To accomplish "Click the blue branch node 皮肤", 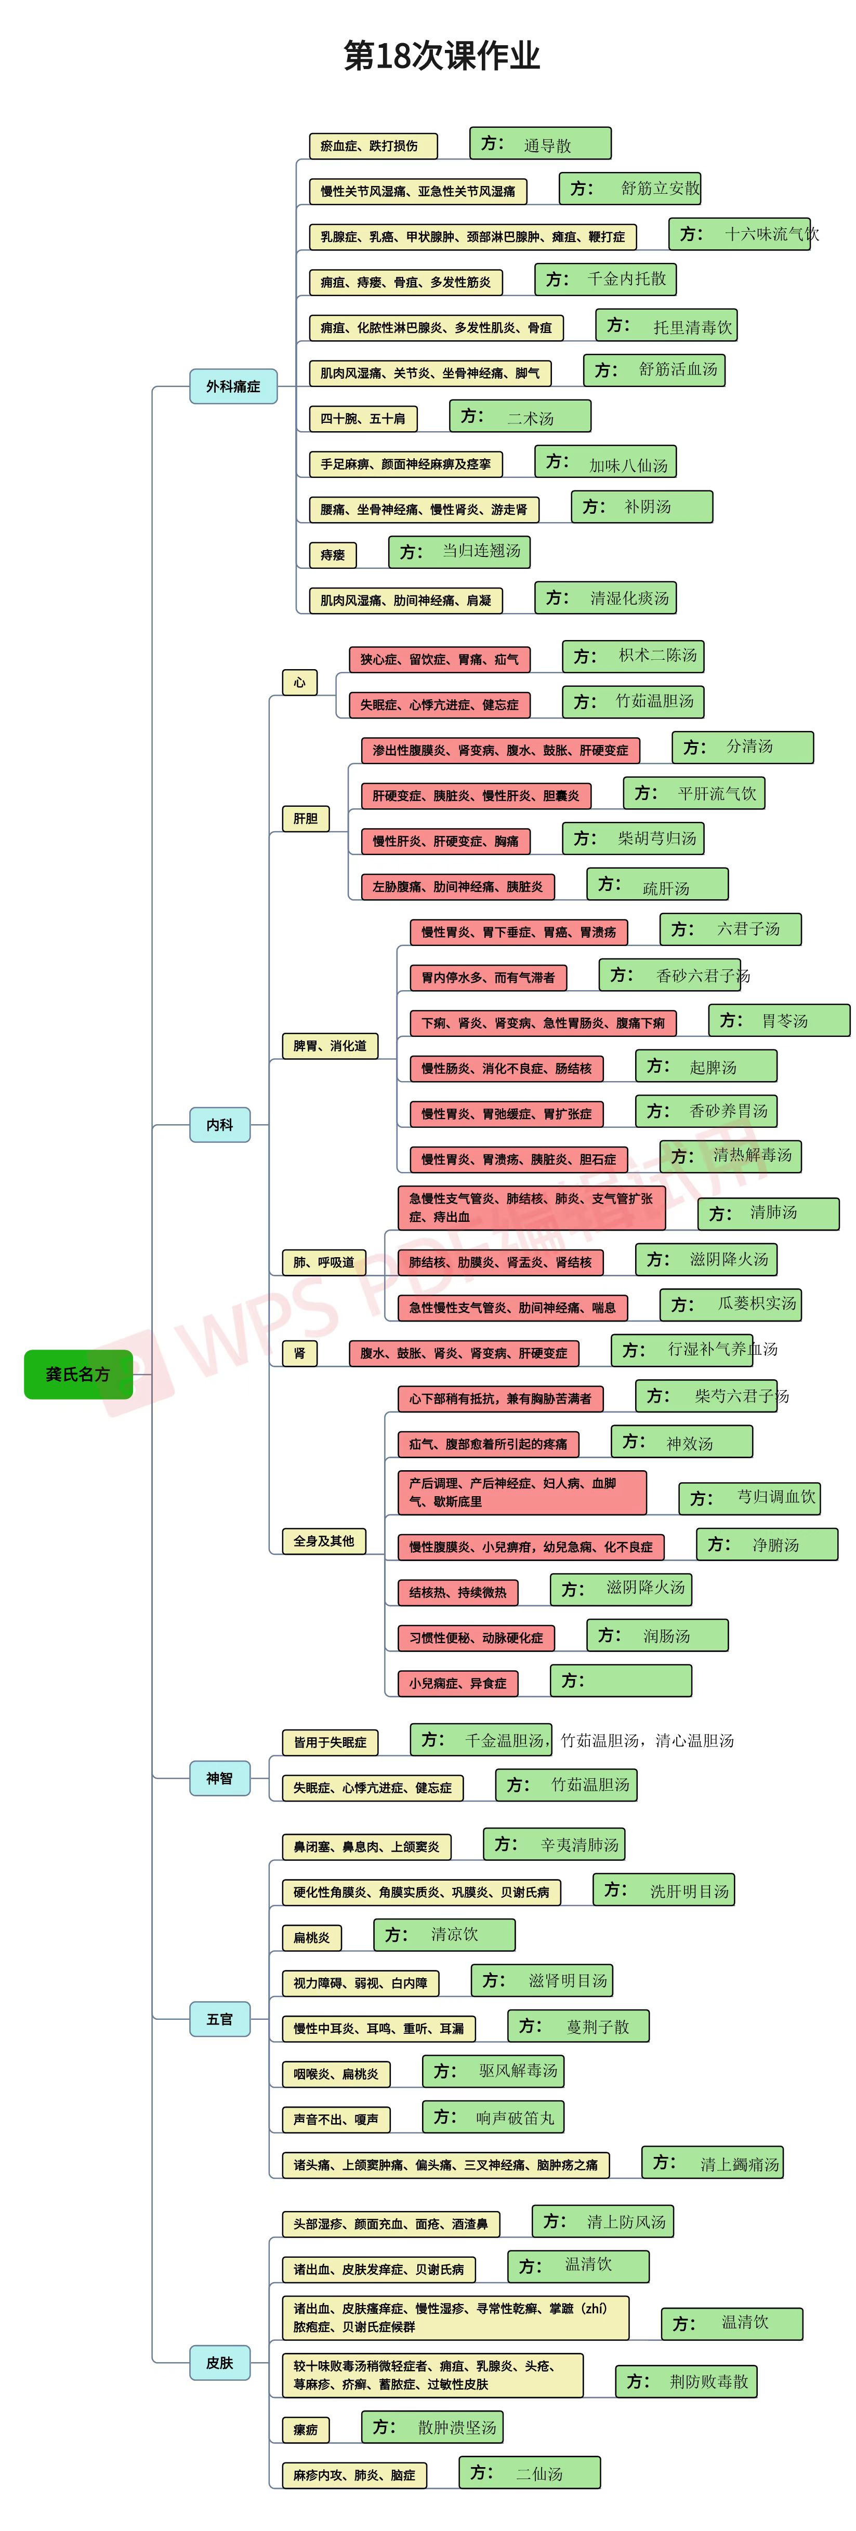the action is pyautogui.click(x=220, y=2362).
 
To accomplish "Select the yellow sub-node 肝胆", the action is pyautogui.click(x=306, y=818).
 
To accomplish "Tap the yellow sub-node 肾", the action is pyautogui.click(x=300, y=1353).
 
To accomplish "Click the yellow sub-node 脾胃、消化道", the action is pyautogui.click(x=330, y=1045).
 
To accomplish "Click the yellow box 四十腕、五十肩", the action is pyautogui.click(x=363, y=419).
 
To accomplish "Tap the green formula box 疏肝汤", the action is pyautogui.click(x=657, y=884).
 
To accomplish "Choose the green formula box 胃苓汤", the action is pyautogui.click(x=780, y=1020).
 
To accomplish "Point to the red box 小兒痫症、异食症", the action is pyautogui.click(x=458, y=1683).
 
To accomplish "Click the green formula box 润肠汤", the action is pyautogui.click(x=657, y=1635).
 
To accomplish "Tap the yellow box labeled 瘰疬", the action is pyautogui.click(x=306, y=2430).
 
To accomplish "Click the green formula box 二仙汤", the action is pyautogui.click(x=530, y=2472).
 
